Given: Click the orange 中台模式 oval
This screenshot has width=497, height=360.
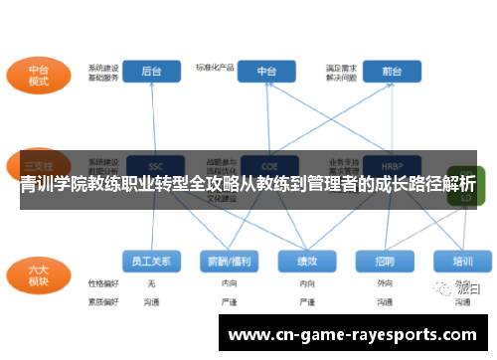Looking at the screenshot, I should (38, 77).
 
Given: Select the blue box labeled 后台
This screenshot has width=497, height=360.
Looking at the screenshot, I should (151, 72).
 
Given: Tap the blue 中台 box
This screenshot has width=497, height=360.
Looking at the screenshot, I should (266, 72).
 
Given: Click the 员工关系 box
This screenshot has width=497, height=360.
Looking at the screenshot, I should (151, 261).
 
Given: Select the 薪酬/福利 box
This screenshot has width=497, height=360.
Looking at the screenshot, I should (230, 261).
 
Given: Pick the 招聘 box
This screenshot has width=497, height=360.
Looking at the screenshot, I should (385, 261).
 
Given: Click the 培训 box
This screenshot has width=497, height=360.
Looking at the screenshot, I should (462, 261).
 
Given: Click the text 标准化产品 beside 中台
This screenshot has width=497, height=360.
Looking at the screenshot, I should (215, 69).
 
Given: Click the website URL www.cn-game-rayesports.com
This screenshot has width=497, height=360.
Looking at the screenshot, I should (352, 335).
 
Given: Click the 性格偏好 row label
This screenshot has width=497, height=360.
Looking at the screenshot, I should (102, 283).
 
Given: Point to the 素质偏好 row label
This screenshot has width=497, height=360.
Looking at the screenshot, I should (102, 299).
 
